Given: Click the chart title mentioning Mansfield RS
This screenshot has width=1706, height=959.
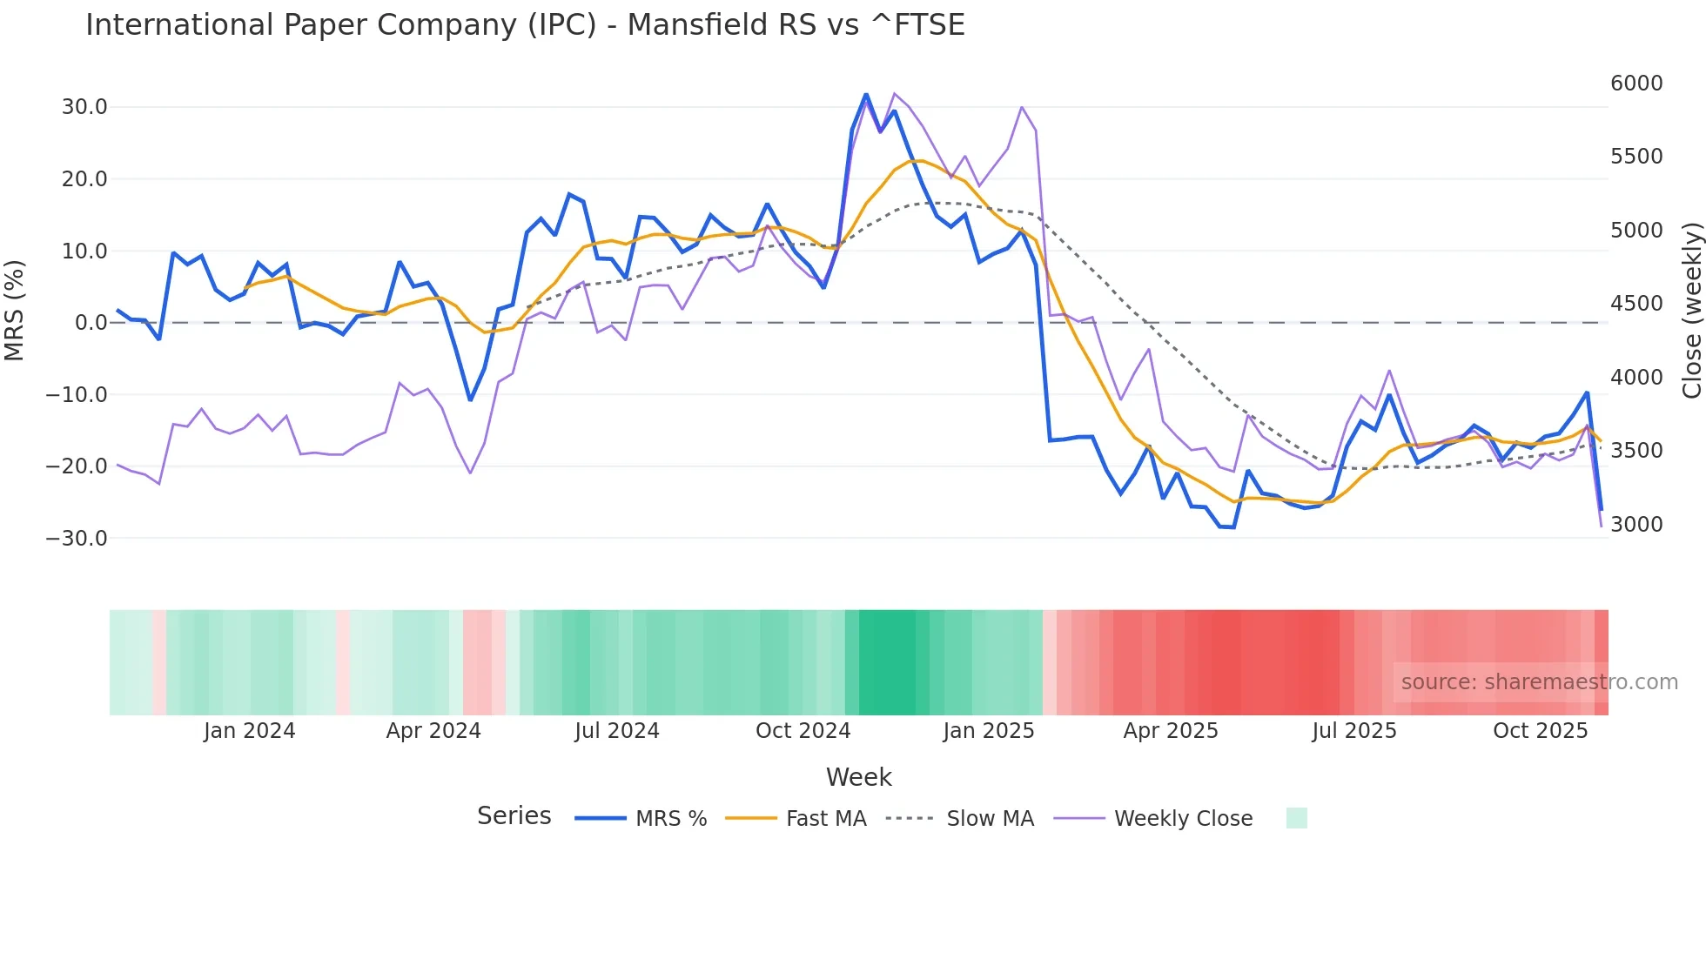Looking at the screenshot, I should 525,24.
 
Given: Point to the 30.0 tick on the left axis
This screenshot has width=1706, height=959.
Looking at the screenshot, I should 84,107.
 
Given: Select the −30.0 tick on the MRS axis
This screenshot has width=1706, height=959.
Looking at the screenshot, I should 77,538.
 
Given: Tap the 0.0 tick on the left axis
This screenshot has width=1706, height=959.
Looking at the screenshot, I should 91,323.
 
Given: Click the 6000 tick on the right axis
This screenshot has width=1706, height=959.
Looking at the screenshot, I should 1636,84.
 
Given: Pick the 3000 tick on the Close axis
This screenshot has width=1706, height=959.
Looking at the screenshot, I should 1636,524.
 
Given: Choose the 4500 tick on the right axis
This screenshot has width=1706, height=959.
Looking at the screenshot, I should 1636,304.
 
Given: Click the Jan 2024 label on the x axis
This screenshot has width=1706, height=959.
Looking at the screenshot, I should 250,731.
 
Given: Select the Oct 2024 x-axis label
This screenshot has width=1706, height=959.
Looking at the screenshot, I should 803,731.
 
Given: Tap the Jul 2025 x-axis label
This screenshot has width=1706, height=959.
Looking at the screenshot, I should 1354,731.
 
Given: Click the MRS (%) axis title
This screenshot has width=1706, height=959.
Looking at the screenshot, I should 15,311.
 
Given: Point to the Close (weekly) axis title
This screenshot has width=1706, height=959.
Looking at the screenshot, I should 1691,311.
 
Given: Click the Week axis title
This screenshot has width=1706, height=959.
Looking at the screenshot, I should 858,777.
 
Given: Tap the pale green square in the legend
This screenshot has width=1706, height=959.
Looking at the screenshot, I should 1296,818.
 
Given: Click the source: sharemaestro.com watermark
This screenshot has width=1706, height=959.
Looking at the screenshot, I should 1539,682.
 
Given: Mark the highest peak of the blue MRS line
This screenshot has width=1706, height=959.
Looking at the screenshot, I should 866,94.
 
